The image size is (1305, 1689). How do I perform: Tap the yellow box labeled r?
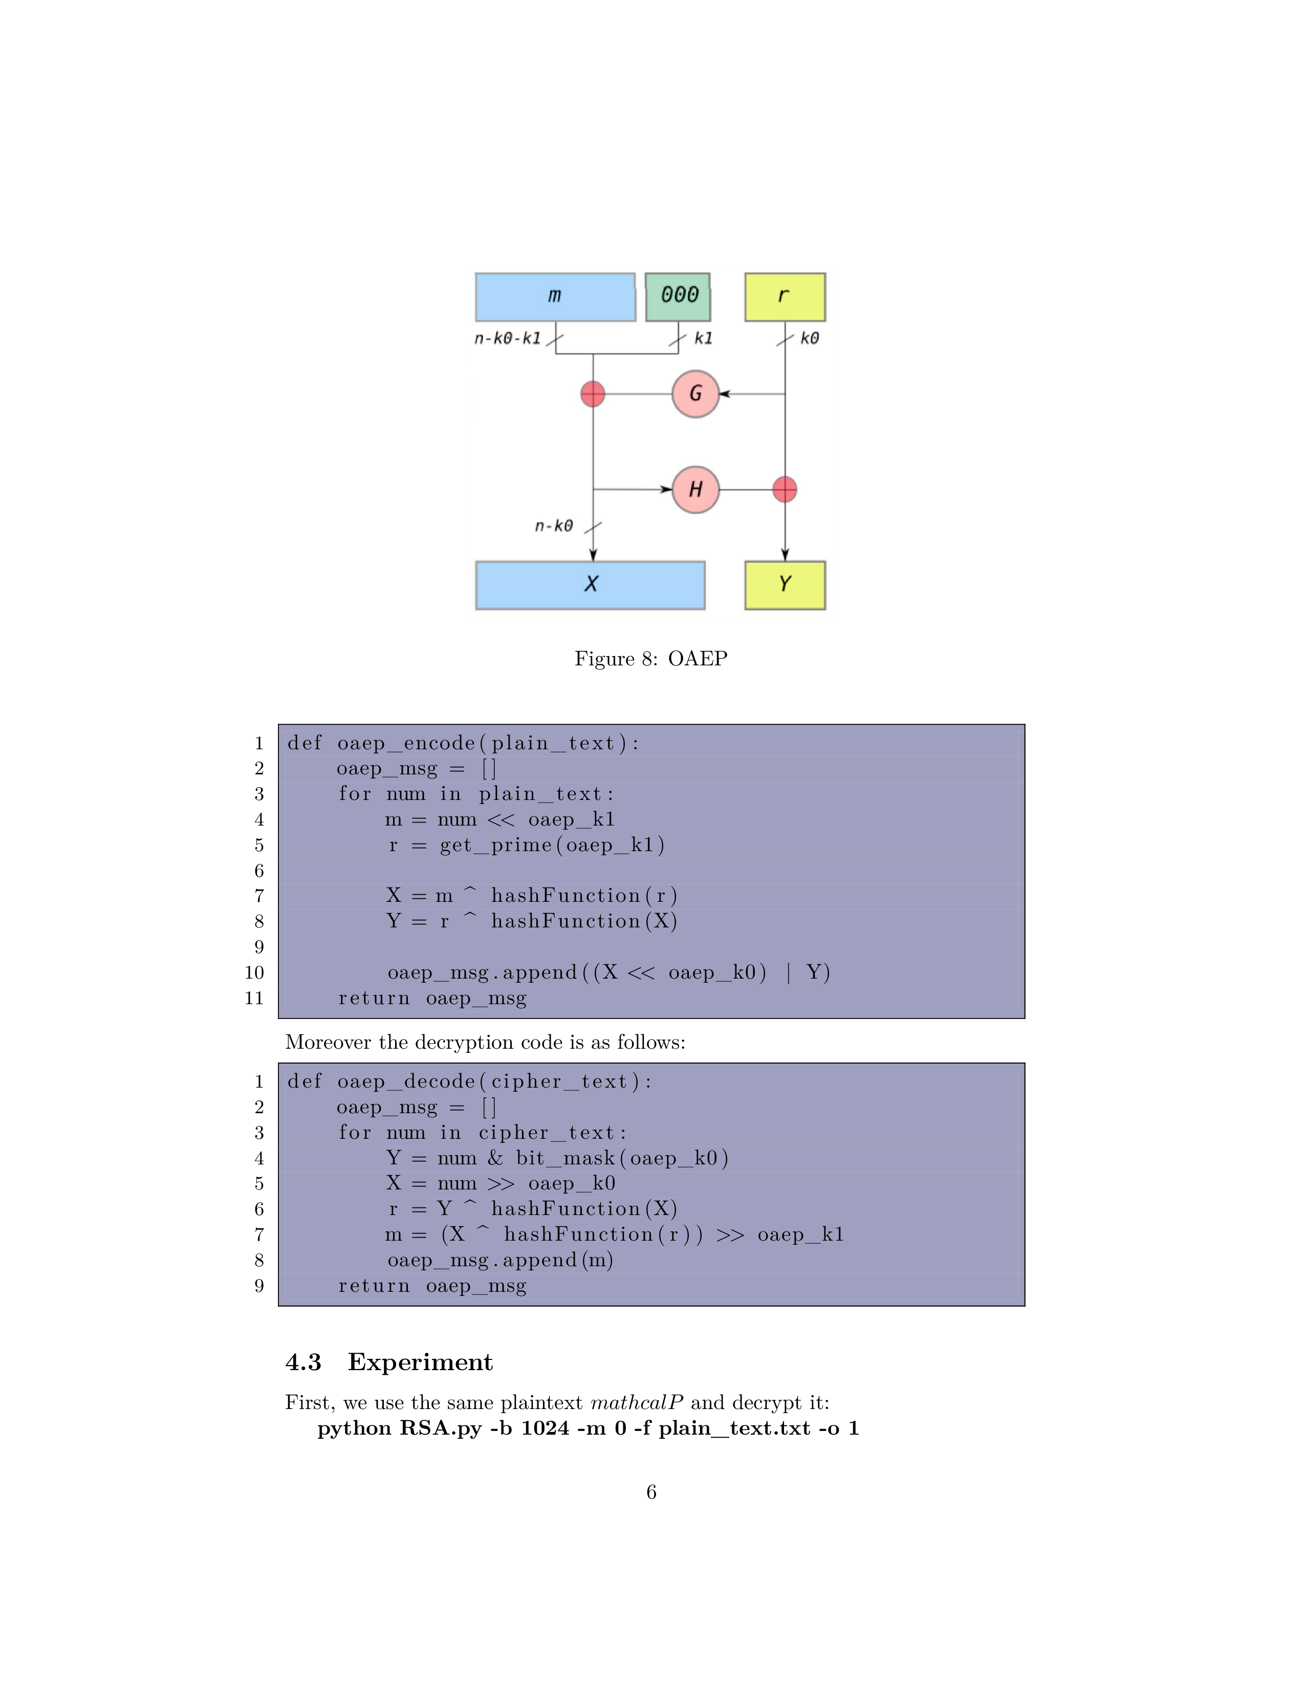coord(785,296)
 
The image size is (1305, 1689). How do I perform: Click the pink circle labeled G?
coord(695,394)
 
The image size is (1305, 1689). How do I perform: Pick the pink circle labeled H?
coord(695,489)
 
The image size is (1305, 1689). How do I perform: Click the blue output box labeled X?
coord(590,584)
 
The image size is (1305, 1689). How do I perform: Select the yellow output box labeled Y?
coord(785,584)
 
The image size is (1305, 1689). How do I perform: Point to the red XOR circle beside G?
coord(592,394)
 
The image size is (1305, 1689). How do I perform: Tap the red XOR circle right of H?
coord(785,489)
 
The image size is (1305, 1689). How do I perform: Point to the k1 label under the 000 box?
coord(703,338)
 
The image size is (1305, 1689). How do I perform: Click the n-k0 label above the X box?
coord(554,526)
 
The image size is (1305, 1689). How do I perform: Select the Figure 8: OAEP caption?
coord(651,658)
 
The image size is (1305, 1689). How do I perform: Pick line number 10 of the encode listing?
coord(254,973)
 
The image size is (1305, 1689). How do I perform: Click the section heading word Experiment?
coord(420,1362)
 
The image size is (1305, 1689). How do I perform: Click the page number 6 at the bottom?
coord(651,1492)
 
